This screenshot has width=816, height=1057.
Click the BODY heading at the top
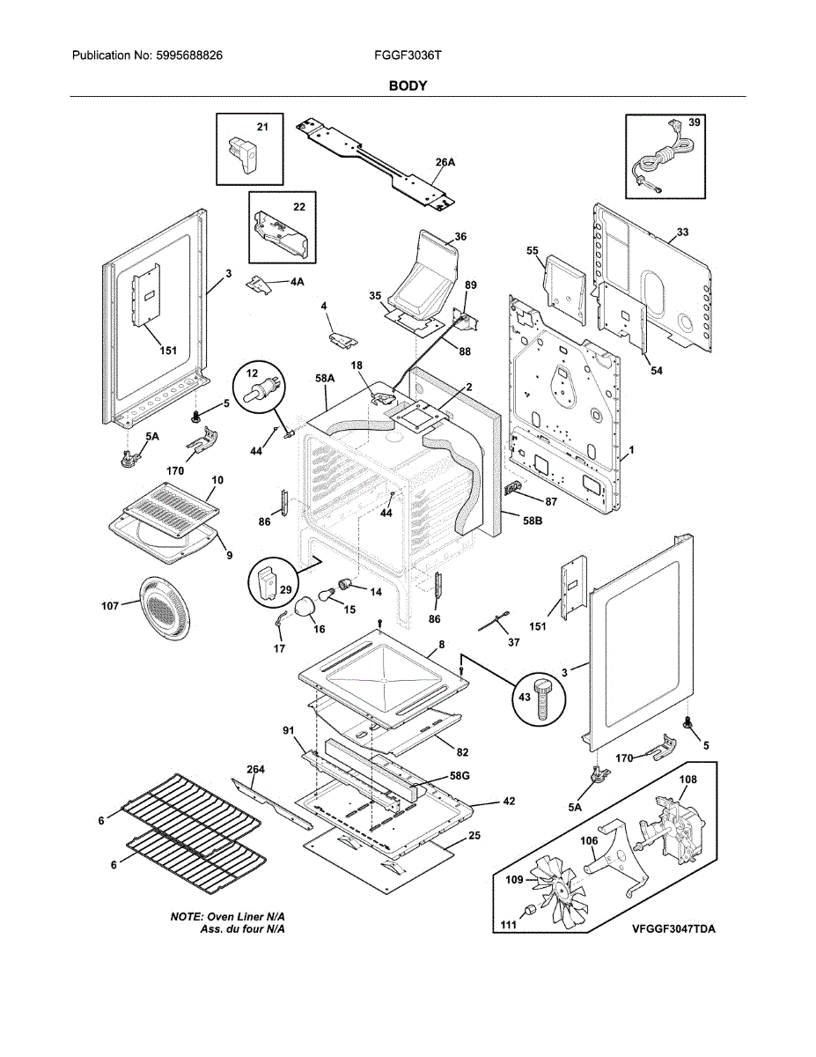pyautogui.click(x=408, y=85)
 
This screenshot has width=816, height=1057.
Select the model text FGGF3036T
pyautogui.click(x=408, y=55)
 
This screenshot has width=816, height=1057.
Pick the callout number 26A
pyautogui.click(x=445, y=163)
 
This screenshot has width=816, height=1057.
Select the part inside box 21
pyautogui.click(x=246, y=156)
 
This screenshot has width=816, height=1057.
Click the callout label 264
pyautogui.click(x=255, y=769)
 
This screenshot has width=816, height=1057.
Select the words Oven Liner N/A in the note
pyautogui.click(x=251, y=917)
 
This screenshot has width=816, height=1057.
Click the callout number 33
pyautogui.click(x=682, y=233)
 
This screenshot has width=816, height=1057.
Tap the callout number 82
pyautogui.click(x=462, y=752)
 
